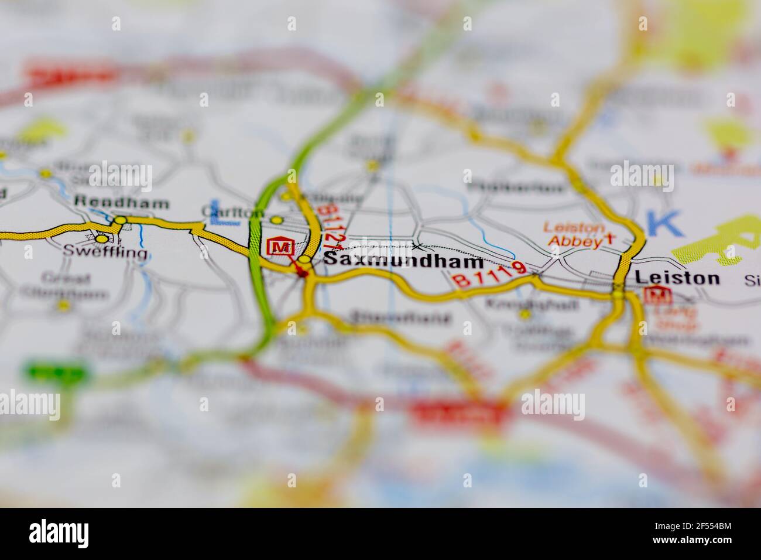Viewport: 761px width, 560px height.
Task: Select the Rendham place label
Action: pos(122,203)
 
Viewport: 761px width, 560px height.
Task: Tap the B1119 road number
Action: pos(490,274)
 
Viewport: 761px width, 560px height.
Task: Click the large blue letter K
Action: pos(664,223)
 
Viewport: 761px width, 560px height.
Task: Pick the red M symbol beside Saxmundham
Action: pos(279,247)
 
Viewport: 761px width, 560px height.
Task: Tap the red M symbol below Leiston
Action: pos(653,295)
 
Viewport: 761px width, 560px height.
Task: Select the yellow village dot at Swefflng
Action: pos(102,239)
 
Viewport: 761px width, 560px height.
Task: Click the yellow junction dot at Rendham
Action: pos(120,220)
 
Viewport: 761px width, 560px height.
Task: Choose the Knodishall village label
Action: pos(533,305)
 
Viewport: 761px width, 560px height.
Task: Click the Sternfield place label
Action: pos(401,319)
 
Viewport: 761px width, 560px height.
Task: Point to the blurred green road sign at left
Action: pos(55,371)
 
